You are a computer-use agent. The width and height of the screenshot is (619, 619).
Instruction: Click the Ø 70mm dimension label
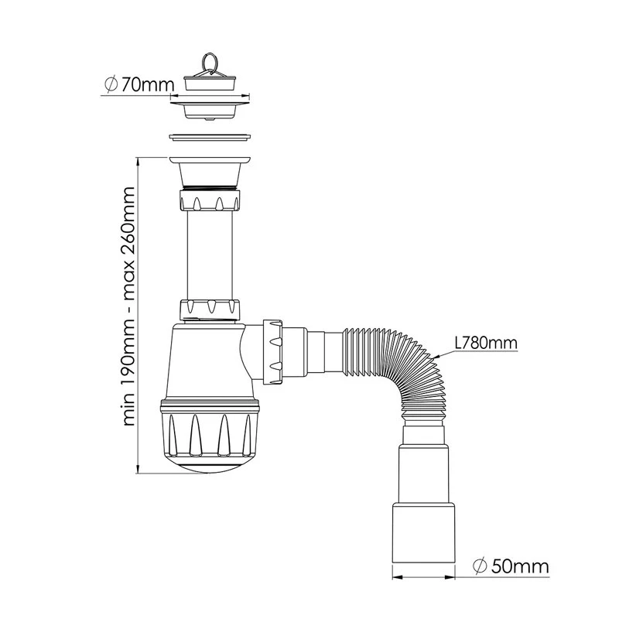139,84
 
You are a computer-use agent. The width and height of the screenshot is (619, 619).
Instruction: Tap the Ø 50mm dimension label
511,566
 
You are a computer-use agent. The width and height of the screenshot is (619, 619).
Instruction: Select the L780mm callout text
485,343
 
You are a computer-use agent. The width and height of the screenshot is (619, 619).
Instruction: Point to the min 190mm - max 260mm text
128,306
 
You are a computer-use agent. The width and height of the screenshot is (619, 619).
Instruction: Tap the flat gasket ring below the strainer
210,138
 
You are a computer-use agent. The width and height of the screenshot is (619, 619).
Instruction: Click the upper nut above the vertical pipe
210,200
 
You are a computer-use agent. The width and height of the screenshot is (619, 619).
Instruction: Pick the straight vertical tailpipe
210,255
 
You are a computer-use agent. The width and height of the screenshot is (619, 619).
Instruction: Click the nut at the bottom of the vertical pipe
210,309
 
